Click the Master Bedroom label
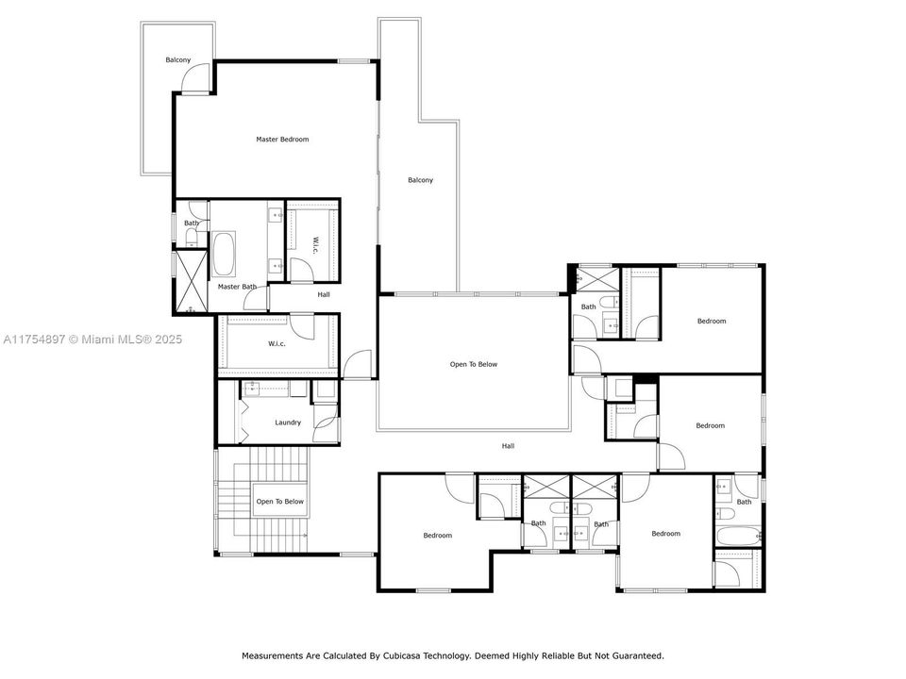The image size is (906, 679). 282,140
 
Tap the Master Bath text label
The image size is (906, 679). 237,287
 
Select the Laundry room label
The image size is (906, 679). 288,422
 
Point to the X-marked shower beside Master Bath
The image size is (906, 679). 190,281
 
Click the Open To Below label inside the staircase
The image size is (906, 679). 280,502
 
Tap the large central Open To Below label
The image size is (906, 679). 473,364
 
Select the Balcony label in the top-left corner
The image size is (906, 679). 177,60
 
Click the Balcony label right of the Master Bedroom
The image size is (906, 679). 420,180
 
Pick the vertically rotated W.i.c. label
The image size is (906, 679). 315,244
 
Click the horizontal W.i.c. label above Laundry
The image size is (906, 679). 277,343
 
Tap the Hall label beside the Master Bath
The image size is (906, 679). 324,295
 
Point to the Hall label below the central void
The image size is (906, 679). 508,446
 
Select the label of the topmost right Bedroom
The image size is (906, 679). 712,322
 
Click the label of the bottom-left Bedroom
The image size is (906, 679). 437,536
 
